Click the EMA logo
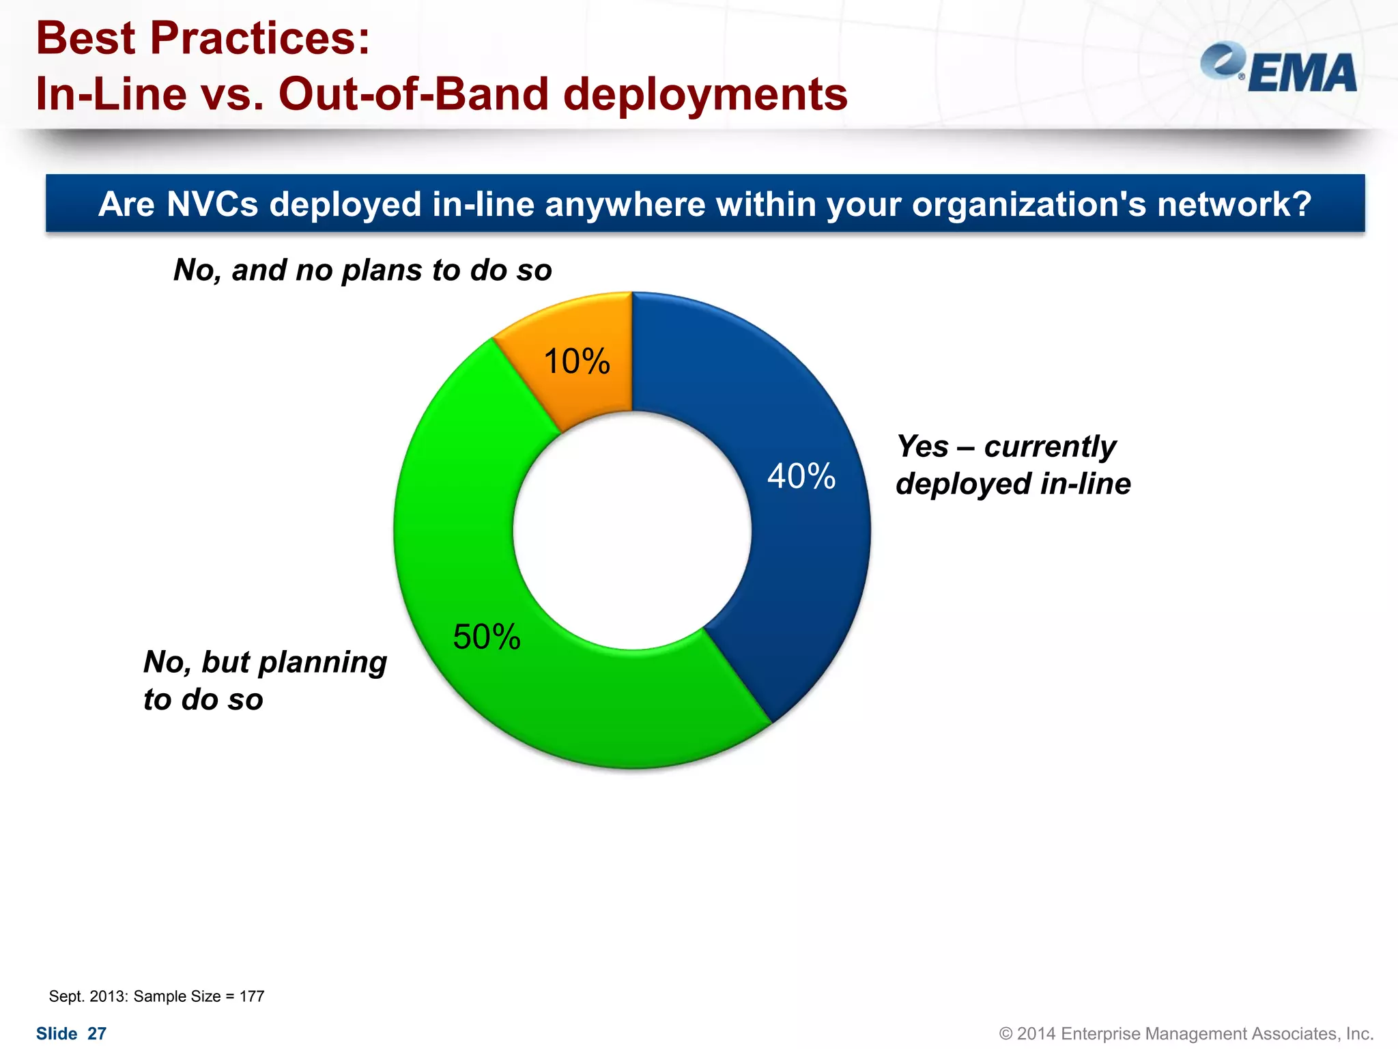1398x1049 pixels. pyautogui.click(x=1279, y=68)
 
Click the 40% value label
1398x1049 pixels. pyautogui.click(x=801, y=476)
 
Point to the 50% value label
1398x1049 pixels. pyautogui.click(x=487, y=637)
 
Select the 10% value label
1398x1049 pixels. pyautogui.click(x=577, y=361)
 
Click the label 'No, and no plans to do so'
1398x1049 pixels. pyautogui.click(x=362, y=270)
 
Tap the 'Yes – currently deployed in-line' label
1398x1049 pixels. pyautogui.click(x=1013, y=465)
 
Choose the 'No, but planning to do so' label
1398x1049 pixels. pyautogui.click(x=265, y=680)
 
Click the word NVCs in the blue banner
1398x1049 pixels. pyautogui.click(x=212, y=204)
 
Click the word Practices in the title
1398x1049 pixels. pyautogui.click(x=259, y=38)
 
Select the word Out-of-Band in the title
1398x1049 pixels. pyautogui.click(x=414, y=94)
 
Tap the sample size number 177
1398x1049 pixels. pyautogui.click(x=252, y=996)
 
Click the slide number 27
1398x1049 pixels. pyautogui.click(x=97, y=1034)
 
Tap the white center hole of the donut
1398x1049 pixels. pyautogui.click(x=632, y=531)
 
